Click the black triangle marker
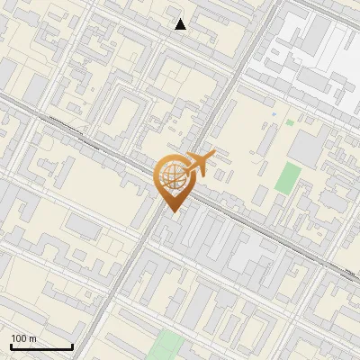181,24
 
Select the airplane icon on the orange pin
199,163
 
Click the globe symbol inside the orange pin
171,177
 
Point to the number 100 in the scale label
19,338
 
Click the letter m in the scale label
33,338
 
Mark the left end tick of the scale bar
11,346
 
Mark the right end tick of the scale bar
72,346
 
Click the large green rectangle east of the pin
288,177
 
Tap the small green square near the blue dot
290,121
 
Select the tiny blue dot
274,115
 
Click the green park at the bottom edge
166,346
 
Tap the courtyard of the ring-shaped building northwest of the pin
125,112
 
